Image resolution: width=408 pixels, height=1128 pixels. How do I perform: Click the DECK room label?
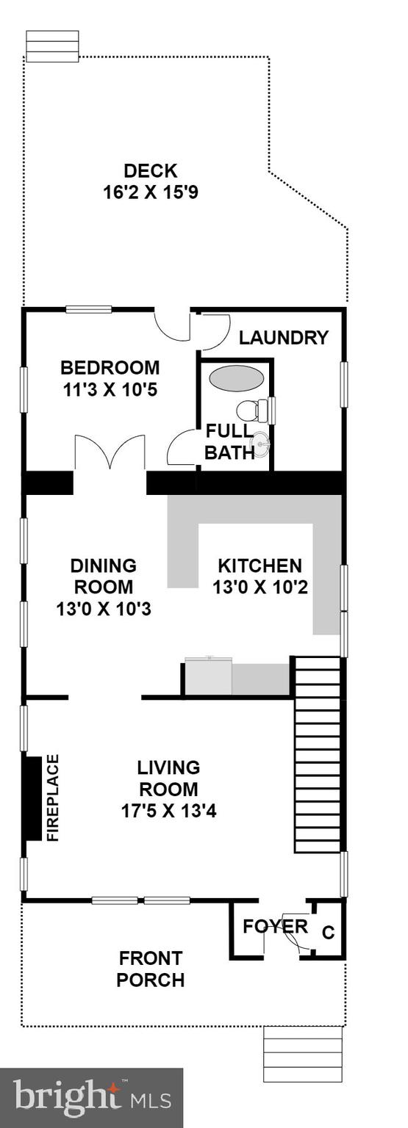tap(150, 171)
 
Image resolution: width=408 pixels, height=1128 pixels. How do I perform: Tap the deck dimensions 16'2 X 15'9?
tap(151, 192)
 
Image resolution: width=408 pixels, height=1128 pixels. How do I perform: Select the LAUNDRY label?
tap(283, 338)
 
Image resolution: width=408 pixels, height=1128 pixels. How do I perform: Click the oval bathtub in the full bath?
tap(236, 379)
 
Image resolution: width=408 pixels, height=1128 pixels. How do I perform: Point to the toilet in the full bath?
tap(254, 411)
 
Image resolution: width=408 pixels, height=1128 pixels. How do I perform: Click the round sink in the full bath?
tap(261, 444)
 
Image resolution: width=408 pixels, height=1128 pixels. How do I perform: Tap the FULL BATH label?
tap(229, 441)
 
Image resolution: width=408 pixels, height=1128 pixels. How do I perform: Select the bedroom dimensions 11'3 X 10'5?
tap(110, 388)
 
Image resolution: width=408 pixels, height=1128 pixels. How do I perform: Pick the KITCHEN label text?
tap(260, 565)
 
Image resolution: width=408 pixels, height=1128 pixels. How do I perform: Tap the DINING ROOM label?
tap(103, 576)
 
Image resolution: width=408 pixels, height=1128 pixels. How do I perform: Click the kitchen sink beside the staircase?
tap(208, 676)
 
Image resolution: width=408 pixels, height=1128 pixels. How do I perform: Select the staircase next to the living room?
tap(318, 755)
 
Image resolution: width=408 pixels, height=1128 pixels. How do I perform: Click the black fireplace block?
tap(32, 798)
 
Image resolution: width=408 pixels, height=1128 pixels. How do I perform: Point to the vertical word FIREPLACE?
tap(53, 798)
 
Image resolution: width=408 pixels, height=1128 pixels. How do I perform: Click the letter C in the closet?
tap(329, 933)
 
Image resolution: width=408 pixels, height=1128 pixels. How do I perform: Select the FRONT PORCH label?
tap(151, 969)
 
